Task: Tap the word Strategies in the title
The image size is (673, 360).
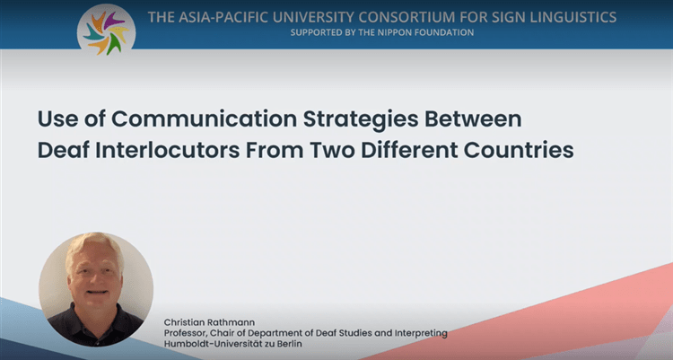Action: (361, 120)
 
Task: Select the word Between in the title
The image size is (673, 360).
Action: (473, 119)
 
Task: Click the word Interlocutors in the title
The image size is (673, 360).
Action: (168, 150)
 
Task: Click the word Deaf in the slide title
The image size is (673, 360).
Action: (63, 150)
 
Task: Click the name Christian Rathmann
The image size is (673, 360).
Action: (209, 322)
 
